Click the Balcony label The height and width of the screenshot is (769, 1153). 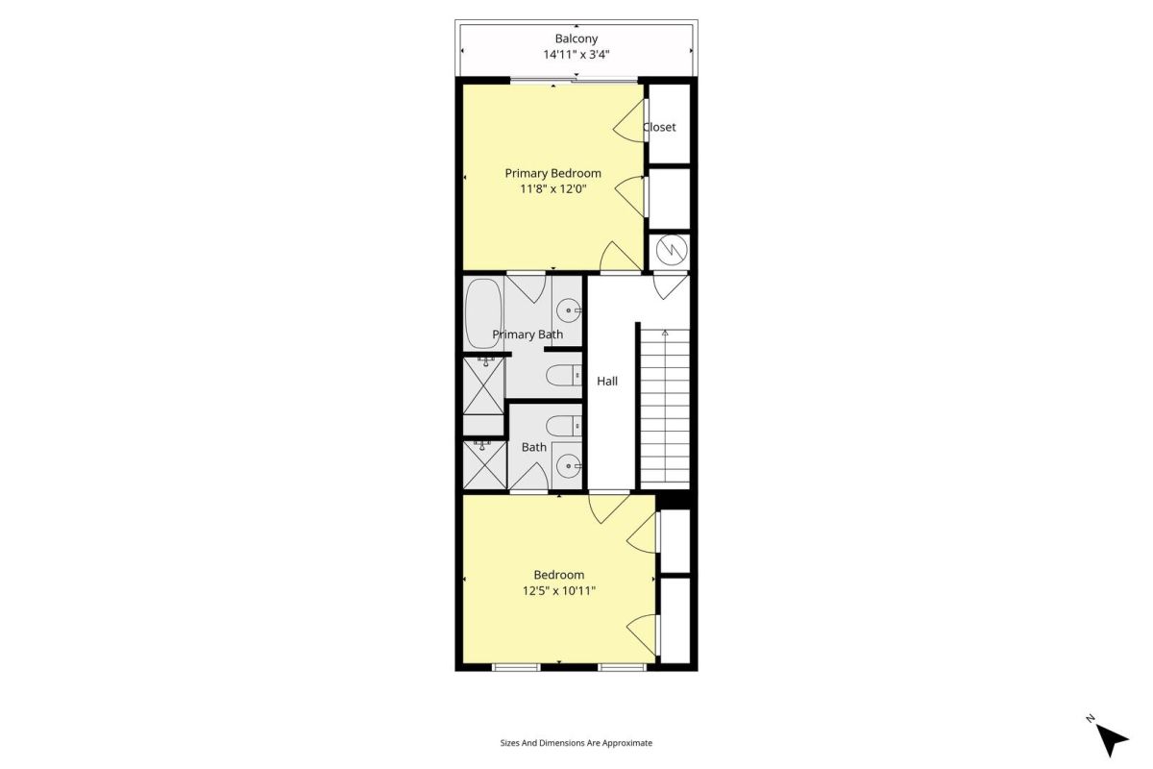pos(576,38)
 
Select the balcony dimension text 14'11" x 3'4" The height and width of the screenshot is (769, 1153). pos(576,54)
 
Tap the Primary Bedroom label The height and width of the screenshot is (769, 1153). pos(552,174)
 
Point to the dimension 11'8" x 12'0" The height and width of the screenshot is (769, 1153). pos(552,189)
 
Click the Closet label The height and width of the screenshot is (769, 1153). pos(659,127)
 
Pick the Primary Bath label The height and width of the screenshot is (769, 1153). pos(527,335)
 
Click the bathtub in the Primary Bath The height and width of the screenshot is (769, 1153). pos(483,313)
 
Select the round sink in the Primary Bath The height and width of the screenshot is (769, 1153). pos(569,310)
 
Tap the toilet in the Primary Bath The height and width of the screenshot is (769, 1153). pos(564,375)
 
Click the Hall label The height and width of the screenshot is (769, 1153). pos(607,382)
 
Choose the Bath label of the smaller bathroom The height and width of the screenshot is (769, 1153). pos(534,448)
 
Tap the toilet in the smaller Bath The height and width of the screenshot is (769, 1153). pos(564,426)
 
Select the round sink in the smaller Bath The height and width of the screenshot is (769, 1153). pos(569,466)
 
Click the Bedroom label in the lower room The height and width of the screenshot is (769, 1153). pos(559,575)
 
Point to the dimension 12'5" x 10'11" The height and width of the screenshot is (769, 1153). pos(559,591)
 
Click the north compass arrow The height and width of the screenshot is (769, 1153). pos(1112,740)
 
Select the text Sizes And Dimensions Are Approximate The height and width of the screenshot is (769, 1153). pos(576,743)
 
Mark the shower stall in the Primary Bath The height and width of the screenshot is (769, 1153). pos(484,385)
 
